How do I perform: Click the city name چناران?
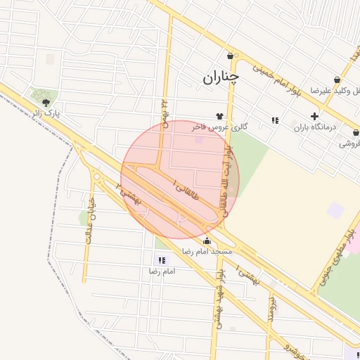(x=221, y=77)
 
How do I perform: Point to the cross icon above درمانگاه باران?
(x=314, y=116)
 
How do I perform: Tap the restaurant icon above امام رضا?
(x=163, y=260)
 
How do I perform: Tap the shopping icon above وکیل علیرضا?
(x=337, y=80)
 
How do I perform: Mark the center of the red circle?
(x=180, y=180)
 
